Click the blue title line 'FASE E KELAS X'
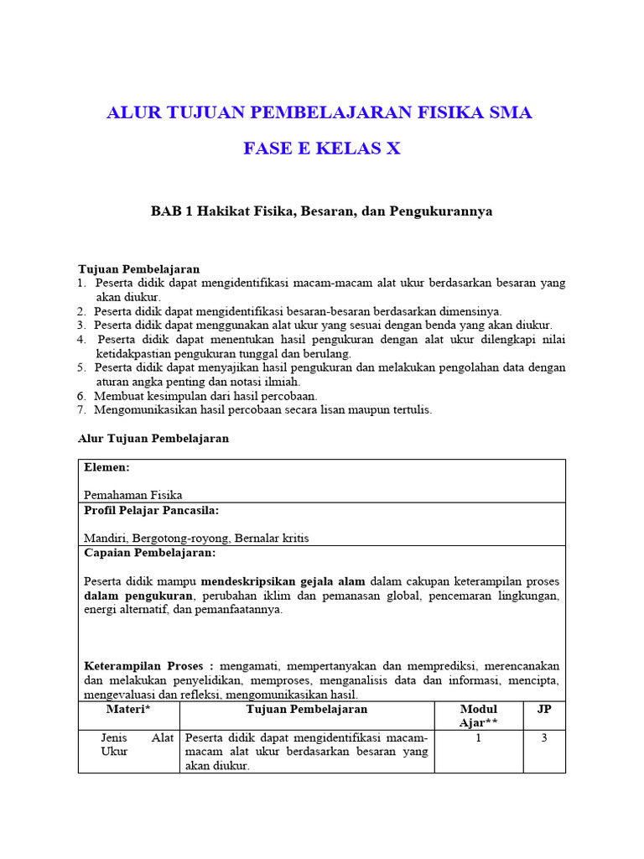click(x=322, y=149)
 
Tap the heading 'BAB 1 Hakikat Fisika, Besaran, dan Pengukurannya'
click(x=322, y=211)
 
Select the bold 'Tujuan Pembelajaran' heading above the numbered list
click(x=139, y=269)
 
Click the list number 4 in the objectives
click(x=82, y=339)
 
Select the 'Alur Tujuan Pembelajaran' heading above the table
click(x=153, y=439)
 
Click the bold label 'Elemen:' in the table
click(x=107, y=467)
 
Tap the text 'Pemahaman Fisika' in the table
click(x=133, y=495)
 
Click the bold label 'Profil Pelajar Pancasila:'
click(x=152, y=510)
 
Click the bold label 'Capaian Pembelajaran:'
click(x=150, y=553)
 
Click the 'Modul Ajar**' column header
click(x=479, y=716)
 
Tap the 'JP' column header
click(x=544, y=710)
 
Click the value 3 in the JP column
click(x=544, y=737)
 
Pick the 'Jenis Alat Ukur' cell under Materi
click(x=128, y=744)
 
